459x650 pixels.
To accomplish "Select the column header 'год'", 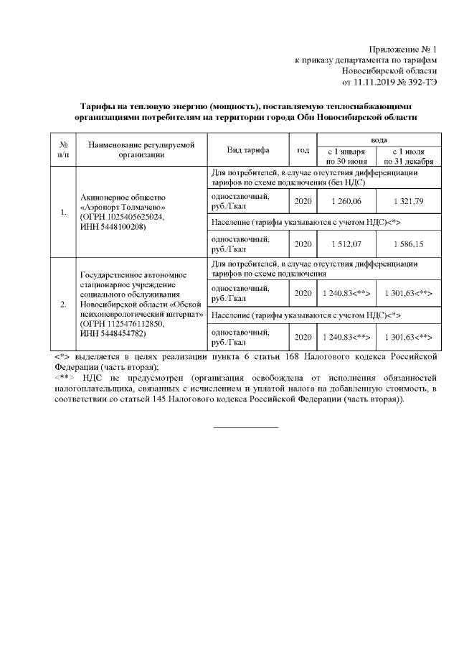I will tap(303, 150).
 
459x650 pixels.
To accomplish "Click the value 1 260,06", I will tap(346, 200).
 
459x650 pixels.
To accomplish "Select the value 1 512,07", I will tap(346, 244).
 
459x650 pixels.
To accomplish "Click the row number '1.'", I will tap(64, 212).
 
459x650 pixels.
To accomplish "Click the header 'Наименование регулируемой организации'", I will tap(141, 150).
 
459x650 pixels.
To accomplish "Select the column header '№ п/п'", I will tap(64, 150).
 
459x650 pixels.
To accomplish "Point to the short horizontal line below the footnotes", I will tap(246, 428).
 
